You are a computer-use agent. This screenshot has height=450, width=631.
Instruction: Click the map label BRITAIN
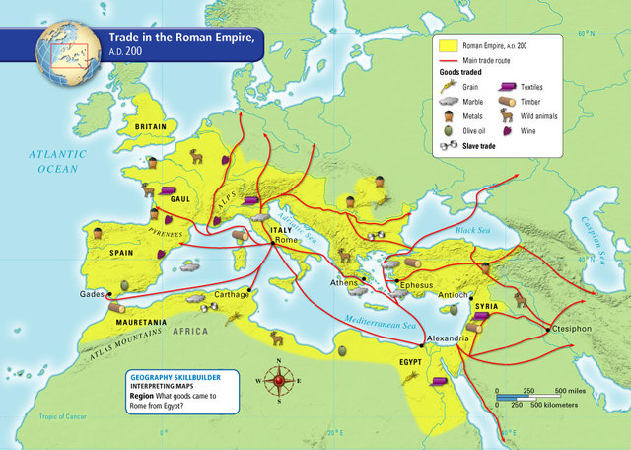click(151, 127)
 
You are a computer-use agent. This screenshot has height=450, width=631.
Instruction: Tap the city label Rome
click(287, 241)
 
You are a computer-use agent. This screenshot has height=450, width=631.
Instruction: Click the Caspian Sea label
click(596, 238)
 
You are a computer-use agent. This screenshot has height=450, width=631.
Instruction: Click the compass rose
click(278, 381)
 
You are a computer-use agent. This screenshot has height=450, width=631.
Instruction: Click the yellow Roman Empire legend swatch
click(449, 44)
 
